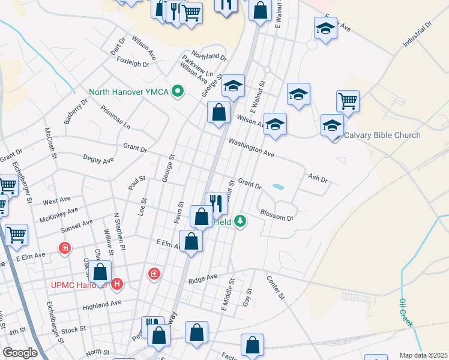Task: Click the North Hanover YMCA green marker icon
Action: point(177,92)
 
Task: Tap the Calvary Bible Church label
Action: point(382,135)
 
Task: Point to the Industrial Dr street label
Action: point(418,35)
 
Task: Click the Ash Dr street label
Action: point(318,178)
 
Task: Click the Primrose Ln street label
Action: point(115,118)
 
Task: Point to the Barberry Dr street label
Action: point(76,109)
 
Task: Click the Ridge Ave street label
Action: point(202,278)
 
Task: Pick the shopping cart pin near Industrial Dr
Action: point(348,101)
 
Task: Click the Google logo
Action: point(20,353)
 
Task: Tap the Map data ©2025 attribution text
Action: point(423,355)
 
